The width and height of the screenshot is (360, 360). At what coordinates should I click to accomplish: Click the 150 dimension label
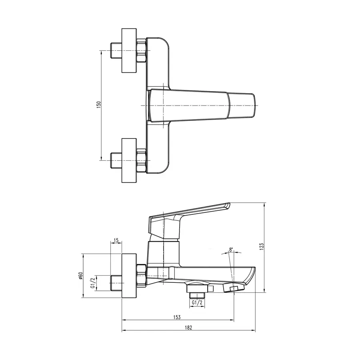99,104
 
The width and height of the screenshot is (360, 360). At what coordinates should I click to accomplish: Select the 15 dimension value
116,240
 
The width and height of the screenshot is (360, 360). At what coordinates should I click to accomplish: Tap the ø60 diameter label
80,276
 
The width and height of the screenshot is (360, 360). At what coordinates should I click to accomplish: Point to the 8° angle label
231,250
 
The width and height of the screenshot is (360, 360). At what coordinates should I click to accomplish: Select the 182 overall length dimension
188,327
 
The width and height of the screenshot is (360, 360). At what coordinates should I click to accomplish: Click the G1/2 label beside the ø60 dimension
93,282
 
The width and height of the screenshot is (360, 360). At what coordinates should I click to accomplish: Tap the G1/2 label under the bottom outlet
197,303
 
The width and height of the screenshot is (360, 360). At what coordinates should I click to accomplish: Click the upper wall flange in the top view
129,51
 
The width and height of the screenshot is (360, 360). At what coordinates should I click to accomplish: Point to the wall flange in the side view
129,276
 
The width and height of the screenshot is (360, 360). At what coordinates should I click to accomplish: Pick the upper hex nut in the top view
142,51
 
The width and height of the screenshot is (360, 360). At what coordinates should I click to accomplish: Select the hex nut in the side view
142,276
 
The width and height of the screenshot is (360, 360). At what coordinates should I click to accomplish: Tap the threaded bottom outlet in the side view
197,295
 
